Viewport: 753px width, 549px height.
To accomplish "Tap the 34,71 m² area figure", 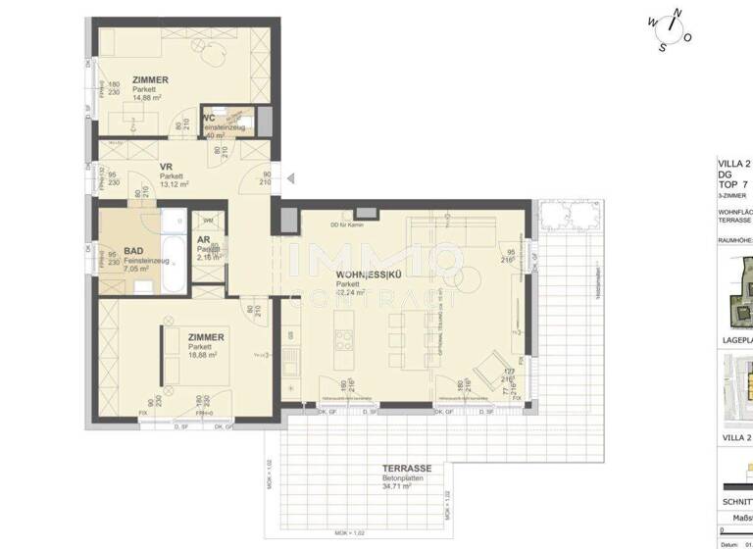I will click(x=399, y=486).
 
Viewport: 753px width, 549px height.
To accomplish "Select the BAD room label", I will click(x=135, y=251).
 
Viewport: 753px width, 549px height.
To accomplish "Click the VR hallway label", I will click(x=167, y=168).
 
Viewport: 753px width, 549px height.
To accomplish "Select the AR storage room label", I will click(x=203, y=238).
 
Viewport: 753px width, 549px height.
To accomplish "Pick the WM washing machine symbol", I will click(x=208, y=221).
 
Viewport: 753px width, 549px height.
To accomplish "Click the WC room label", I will click(x=209, y=119).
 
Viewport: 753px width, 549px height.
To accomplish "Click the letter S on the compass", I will click(x=663, y=46).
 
